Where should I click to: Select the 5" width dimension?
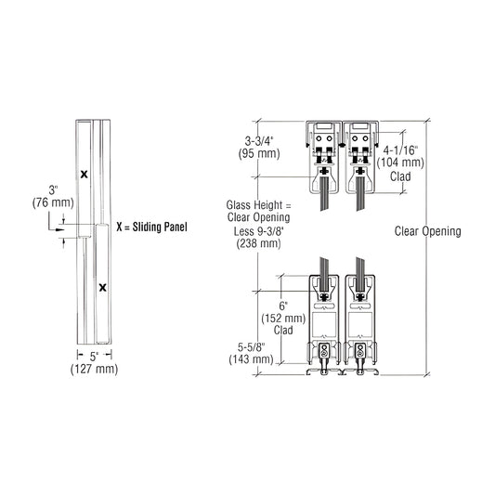[94, 357]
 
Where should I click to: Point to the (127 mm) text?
[95, 369]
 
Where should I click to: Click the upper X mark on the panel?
[84, 174]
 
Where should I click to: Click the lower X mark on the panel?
[102, 287]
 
